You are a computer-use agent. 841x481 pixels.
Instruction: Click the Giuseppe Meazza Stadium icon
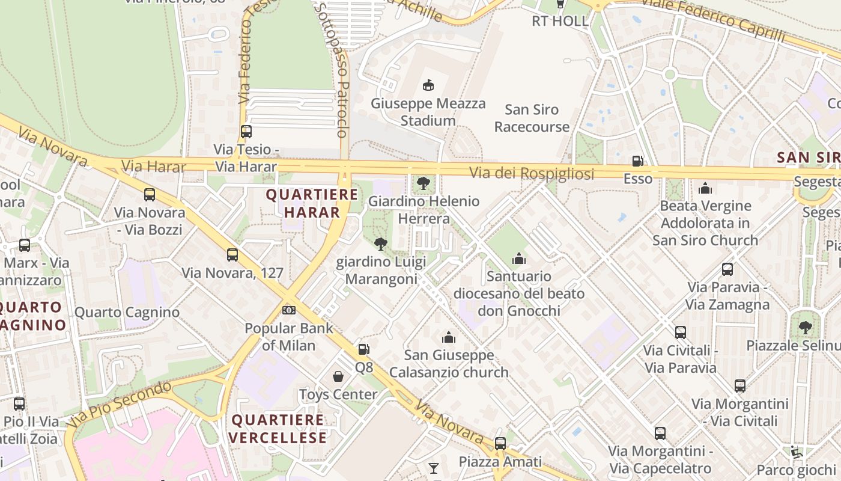[x=428, y=85]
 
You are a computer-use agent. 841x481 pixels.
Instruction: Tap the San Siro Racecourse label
[x=532, y=118]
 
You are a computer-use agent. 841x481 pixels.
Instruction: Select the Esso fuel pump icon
[x=637, y=161]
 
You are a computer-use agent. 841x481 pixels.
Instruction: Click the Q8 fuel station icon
[x=363, y=349]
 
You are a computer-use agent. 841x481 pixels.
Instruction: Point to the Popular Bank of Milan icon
[x=289, y=310]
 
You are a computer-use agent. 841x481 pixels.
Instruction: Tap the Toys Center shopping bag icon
[x=339, y=377]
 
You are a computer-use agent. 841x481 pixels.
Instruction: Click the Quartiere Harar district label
[x=312, y=203]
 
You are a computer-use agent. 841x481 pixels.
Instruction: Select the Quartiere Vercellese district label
[x=278, y=429]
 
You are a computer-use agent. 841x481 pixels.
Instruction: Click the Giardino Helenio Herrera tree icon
[x=424, y=182]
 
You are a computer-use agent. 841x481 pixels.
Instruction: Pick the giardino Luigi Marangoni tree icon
[x=380, y=244]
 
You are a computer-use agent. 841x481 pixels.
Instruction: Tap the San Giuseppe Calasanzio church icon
[x=449, y=337]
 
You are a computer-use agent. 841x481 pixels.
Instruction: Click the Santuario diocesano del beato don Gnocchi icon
[x=519, y=259]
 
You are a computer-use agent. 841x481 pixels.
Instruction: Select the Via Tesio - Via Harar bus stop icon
[x=246, y=131]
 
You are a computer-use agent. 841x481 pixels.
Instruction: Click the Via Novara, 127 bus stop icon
[x=232, y=255]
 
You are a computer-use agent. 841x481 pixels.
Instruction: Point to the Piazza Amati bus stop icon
[x=500, y=444]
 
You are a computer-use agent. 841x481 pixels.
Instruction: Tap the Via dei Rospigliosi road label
[x=532, y=174]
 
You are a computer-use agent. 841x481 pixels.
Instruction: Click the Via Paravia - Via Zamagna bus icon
[x=727, y=269]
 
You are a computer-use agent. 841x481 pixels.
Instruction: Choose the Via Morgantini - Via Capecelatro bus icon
[x=660, y=433]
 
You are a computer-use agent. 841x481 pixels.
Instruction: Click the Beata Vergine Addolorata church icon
[x=705, y=188]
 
